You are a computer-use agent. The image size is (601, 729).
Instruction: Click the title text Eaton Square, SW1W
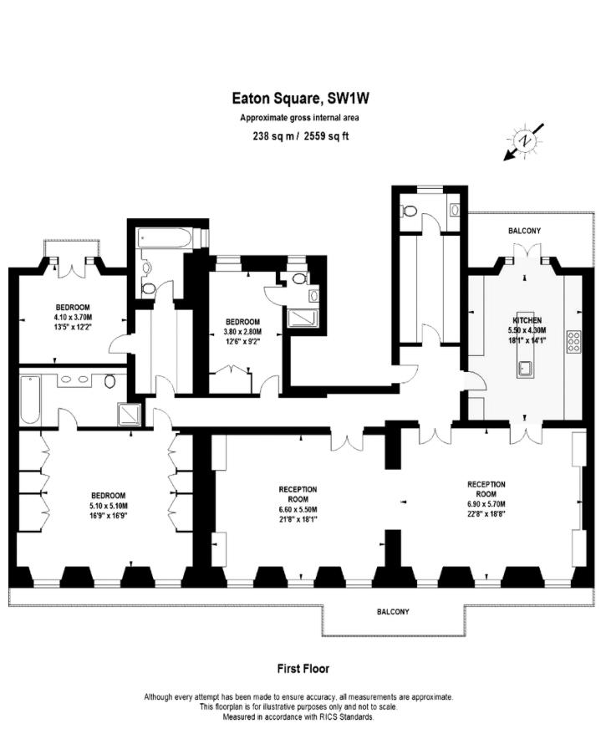pyautogui.click(x=301, y=98)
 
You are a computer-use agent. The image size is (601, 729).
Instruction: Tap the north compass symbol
pyautogui.click(x=524, y=141)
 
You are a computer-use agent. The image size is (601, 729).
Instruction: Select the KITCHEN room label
pyautogui.click(x=527, y=320)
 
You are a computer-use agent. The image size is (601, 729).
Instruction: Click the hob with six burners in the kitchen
pyautogui.click(x=573, y=341)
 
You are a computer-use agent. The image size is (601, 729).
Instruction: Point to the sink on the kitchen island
pyautogui.click(x=526, y=369)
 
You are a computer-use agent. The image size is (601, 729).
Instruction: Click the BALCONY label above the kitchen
pyautogui.click(x=524, y=231)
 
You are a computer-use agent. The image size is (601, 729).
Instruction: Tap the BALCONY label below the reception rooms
pyautogui.click(x=393, y=612)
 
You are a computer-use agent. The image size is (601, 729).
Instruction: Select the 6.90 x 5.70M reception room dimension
pyautogui.click(x=486, y=504)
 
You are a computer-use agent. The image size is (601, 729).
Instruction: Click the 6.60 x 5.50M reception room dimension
pyautogui.click(x=298, y=509)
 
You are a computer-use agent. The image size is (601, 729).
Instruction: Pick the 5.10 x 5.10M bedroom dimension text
pyautogui.click(x=109, y=506)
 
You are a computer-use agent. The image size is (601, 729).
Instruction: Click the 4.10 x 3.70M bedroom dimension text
pyautogui.click(x=73, y=317)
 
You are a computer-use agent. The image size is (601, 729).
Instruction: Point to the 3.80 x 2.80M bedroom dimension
pyautogui.click(x=242, y=332)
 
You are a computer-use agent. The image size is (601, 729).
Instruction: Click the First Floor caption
pyautogui.click(x=303, y=669)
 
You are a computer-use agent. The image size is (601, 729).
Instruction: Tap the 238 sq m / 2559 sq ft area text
pyautogui.click(x=301, y=136)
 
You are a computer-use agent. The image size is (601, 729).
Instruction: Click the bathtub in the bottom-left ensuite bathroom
pyautogui.click(x=30, y=400)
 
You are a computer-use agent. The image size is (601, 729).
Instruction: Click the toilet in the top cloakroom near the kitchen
pyautogui.click(x=410, y=212)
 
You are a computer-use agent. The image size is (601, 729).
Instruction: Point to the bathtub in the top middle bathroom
pyautogui.click(x=164, y=238)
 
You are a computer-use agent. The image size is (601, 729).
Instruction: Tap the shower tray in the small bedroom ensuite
pyautogui.click(x=303, y=319)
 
